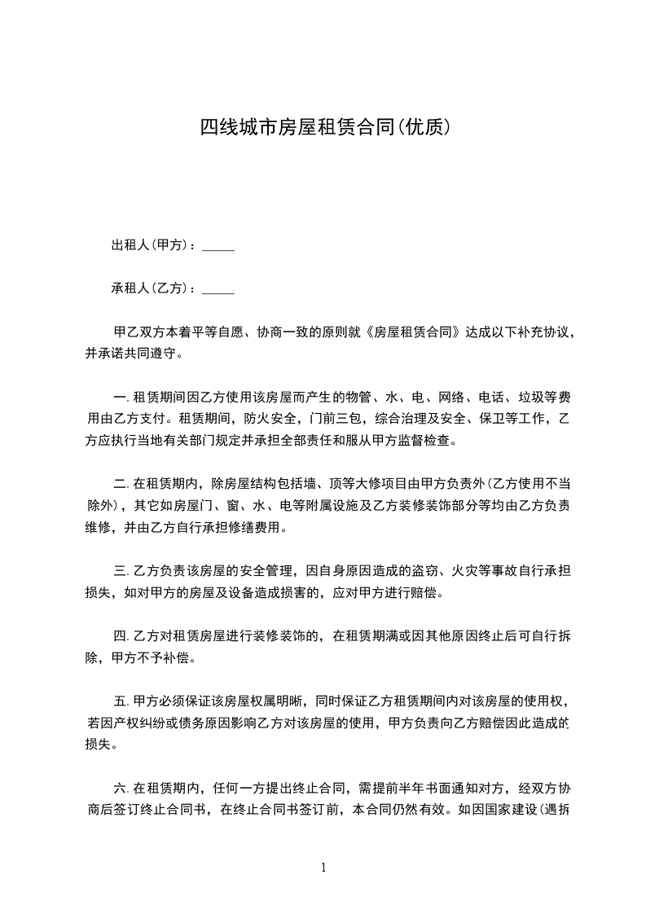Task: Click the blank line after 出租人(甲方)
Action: pos(218,246)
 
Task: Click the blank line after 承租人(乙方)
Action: pos(218,288)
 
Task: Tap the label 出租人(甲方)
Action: pos(152,245)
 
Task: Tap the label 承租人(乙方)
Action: pos(152,288)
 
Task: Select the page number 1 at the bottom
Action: pos(323,868)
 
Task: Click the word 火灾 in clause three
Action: pos(476,570)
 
